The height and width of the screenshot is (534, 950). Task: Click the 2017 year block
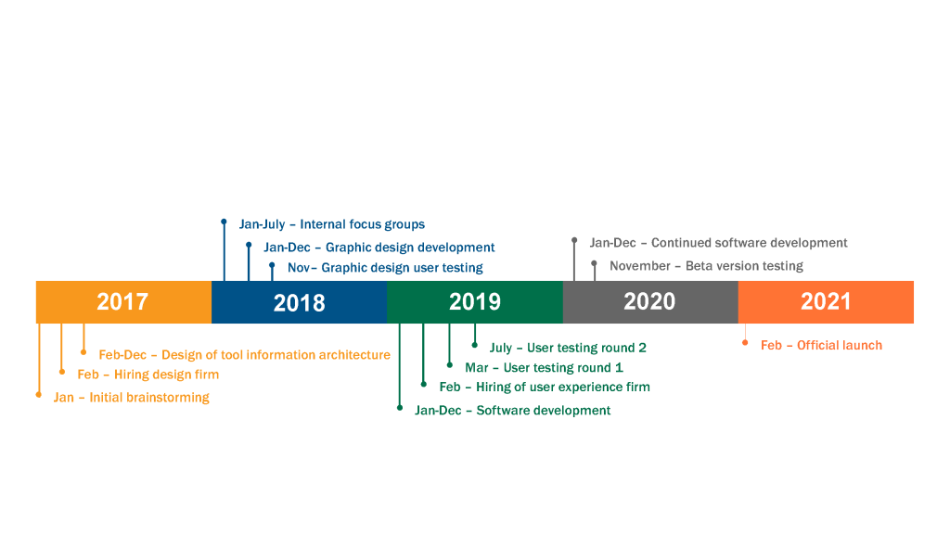coord(123,301)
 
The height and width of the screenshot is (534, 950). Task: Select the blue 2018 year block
coord(300,301)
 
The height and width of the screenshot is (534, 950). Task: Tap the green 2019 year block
coord(475,301)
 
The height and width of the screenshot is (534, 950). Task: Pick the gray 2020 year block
coord(650,301)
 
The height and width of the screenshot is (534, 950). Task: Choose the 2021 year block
coord(826,301)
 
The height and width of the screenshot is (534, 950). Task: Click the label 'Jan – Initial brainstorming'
coord(132,398)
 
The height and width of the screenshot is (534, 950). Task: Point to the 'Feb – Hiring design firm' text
coord(148,375)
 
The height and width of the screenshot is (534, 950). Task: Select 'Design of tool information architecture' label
coord(276,355)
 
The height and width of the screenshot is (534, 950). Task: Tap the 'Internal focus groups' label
coord(363,224)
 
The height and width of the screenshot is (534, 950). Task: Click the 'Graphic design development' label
coord(410,248)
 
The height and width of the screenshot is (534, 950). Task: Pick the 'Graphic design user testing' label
coord(403,268)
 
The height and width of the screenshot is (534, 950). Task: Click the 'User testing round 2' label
coord(586,349)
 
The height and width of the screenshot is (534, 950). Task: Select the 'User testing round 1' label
coord(563,367)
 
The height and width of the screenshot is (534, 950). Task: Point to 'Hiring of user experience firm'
coord(563,387)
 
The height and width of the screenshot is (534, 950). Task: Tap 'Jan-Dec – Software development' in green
coord(512,411)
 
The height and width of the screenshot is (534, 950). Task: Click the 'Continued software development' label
coord(750,243)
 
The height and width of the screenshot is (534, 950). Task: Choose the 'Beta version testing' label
coord(745,266)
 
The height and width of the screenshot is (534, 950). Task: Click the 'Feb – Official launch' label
coord(822,345)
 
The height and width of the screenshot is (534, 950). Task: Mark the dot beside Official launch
coord(745,343)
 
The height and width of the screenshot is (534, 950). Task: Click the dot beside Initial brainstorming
coord(39,395)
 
